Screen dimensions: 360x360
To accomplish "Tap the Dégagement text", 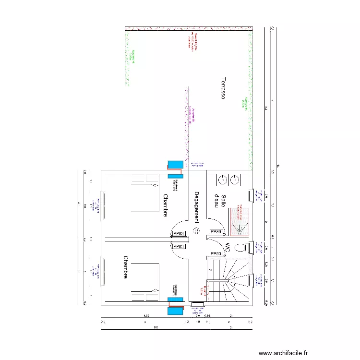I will point(196,207).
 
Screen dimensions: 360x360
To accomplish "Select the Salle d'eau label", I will point(220,201).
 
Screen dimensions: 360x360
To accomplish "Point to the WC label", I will point(227,248).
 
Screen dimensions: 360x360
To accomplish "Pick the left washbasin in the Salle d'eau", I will point(222,180).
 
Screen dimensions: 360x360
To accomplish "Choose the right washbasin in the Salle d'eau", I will point(234,180).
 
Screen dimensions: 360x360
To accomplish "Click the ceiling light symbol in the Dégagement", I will point(196,231).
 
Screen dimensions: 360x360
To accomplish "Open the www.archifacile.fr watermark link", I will point(283,353).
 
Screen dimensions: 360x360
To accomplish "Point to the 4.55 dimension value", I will point(147,315).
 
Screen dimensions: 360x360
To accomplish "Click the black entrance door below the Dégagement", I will point(197,303).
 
